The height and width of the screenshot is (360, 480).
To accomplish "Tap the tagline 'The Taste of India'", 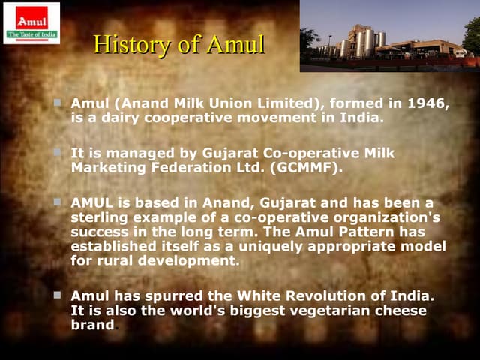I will click(x=31, y=34).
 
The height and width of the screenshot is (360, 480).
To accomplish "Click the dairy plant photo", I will click(x=389, y=36).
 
